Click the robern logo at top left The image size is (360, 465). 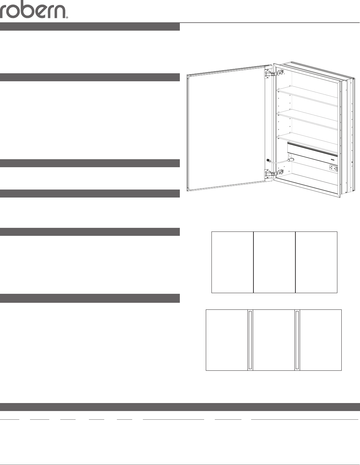pos(34,9)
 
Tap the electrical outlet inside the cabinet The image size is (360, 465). pos(333,168)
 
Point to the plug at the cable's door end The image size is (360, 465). pos(268,160)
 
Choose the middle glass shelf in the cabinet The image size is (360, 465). pos(307,121)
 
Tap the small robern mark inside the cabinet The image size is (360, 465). pos(333,159)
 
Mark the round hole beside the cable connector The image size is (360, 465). pos(290,156)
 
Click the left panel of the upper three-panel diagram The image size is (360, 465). pos(232,262)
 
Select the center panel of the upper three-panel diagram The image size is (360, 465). pos(274,262)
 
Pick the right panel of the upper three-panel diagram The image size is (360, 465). pos(316,262)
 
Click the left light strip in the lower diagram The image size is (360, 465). pos(250,340)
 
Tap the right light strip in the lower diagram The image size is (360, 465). pos(297,340)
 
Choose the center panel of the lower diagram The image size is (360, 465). pos(274,340)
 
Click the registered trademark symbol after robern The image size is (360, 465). pos(67,18)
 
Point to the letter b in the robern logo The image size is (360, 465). pos(30,9)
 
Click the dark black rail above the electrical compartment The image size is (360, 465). pos(312,150)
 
